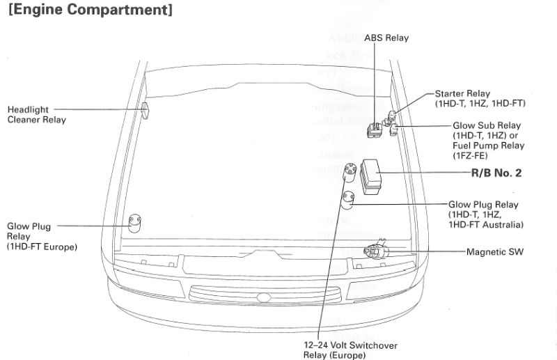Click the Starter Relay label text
462,93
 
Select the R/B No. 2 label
496,173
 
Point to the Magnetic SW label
494,251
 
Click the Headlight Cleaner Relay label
37,115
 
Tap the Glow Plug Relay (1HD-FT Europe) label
42,237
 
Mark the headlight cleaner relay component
146,110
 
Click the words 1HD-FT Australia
485,224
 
